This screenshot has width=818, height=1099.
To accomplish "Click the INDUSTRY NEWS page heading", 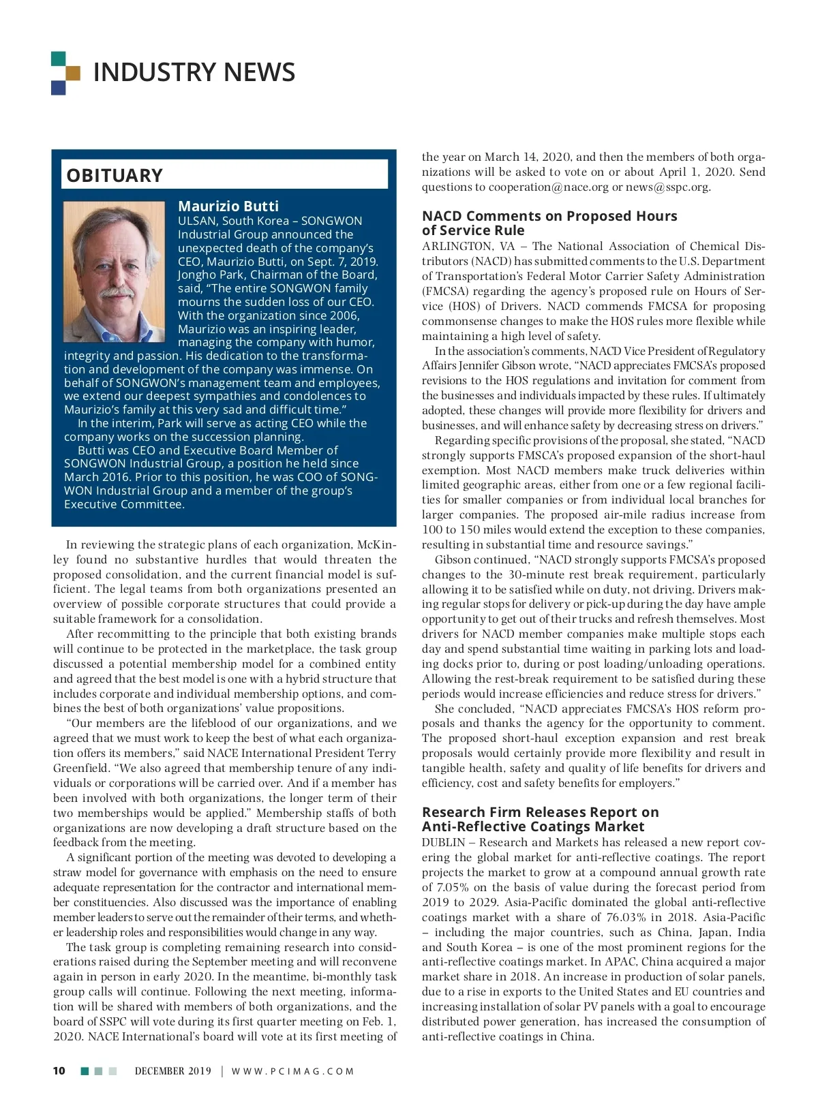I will pos(194,72).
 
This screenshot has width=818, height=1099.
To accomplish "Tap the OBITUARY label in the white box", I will pos(115,176).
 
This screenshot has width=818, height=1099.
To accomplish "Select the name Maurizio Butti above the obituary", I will pos(228,206).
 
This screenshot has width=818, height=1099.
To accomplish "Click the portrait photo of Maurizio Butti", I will pos(115,271).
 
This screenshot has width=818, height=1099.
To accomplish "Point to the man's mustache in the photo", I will pos(117,291).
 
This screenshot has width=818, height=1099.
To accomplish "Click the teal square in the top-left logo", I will pos(58,58).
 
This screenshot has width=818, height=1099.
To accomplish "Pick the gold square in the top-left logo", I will pos(73,73).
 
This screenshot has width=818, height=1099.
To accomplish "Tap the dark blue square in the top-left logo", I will pos(58,88).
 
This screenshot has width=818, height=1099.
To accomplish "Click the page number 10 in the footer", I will pos(59,1070).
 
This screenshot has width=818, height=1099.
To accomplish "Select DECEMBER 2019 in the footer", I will pos(173,1071).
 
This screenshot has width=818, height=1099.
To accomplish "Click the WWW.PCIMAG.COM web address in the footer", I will pos(293,1071).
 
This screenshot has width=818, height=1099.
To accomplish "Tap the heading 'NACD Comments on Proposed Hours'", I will pos(549,216).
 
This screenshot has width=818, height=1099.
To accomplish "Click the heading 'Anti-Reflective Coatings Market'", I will pos(533,826).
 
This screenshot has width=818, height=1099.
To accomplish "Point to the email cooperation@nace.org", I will pos(549,187).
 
